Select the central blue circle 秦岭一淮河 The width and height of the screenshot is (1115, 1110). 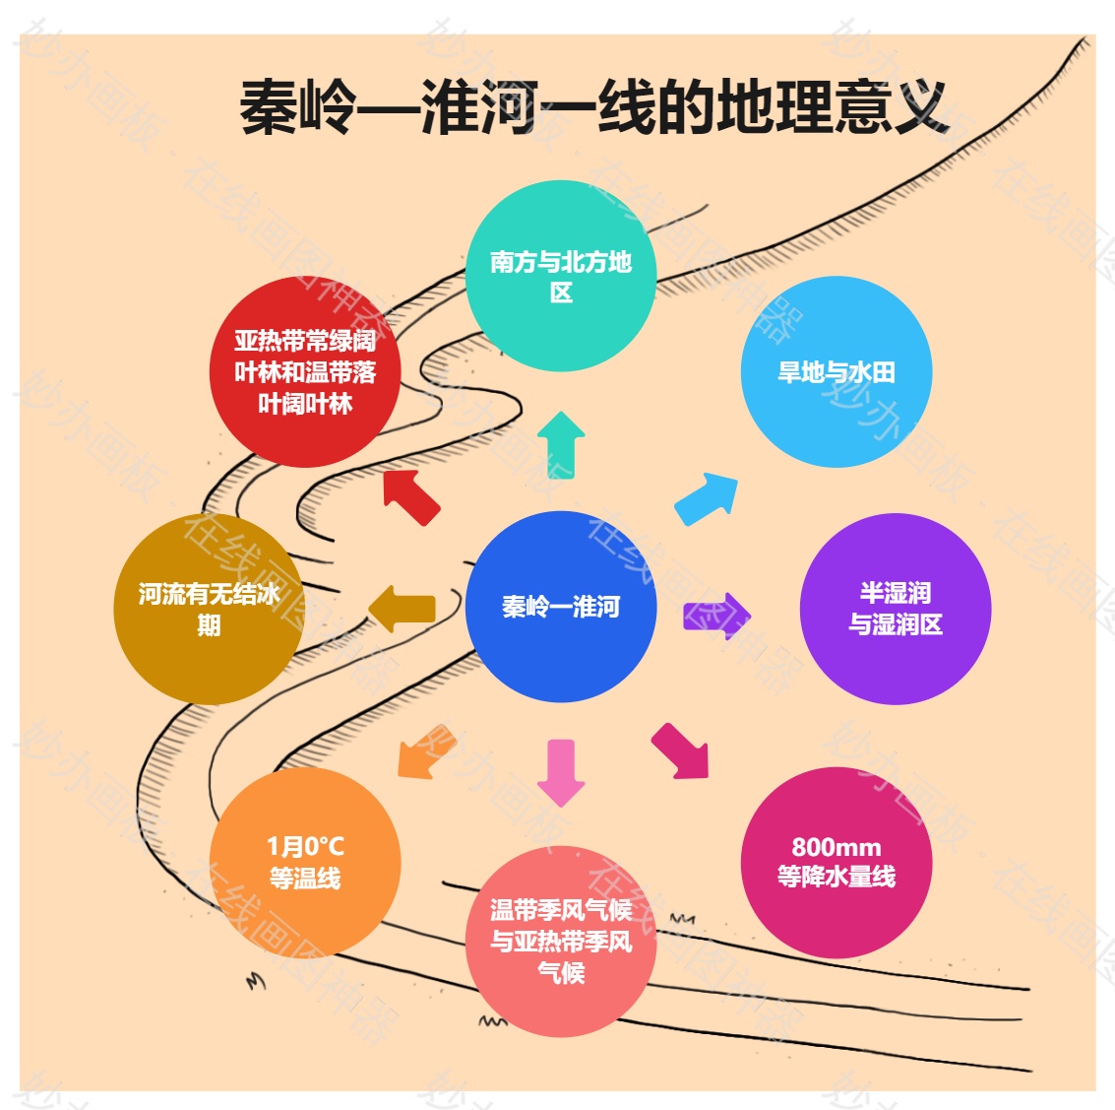click(560, 607)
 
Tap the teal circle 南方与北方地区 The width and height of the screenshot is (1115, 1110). click(560, 277)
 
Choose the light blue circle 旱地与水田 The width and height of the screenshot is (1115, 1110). click(836, 372)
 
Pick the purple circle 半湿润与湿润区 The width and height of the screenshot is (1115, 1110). click(895, 609)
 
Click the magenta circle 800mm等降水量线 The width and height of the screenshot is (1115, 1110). click(836, 862)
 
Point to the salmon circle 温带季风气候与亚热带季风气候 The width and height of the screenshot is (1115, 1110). click(560, 941)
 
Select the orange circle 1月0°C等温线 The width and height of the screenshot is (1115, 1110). click(305, 862)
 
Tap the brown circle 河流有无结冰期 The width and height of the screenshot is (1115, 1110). click(209, 609)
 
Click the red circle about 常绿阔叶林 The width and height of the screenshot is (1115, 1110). click(305, 372)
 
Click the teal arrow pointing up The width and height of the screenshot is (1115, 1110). click(561, 443)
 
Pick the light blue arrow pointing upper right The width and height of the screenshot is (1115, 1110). click(708, 497)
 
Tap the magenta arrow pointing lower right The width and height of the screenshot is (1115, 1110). click(682, 751)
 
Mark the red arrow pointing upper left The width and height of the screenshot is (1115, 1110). click(410, 495)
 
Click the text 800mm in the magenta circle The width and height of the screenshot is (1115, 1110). click(836, 847)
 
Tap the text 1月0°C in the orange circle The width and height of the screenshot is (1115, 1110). click(305, 847)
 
